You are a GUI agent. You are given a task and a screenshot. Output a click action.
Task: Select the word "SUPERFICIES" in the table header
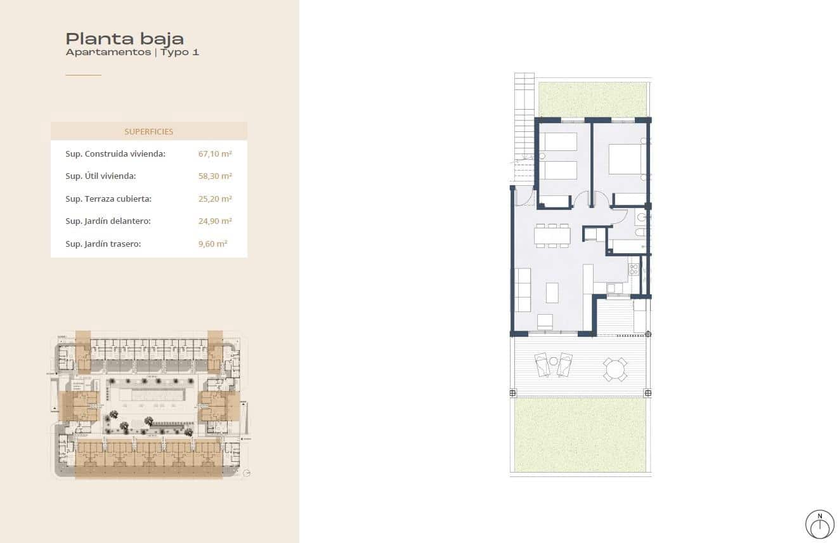click(149, 132)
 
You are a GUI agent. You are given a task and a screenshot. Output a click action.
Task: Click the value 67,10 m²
click(215, 154)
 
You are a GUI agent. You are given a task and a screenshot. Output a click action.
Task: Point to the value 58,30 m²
click(215, 176)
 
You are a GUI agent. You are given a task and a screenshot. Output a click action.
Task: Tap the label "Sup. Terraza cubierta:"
click(108, 199)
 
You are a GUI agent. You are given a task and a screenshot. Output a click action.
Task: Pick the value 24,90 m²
click(215, 221)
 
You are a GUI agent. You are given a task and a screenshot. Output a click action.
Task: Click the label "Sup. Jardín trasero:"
click(103, 244)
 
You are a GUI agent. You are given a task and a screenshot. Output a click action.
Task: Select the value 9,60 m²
click(212, 244)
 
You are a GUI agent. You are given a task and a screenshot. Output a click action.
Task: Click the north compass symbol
click(819, 524)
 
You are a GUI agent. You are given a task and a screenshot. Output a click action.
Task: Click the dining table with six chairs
click(552, 236)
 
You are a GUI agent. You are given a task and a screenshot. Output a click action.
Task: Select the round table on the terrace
click(615, 369)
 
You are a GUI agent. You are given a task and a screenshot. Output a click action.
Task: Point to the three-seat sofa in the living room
click(523, 290)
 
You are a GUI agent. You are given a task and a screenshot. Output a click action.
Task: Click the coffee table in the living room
click(552, 292)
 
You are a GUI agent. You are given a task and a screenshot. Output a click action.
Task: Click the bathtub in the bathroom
click(628, 247)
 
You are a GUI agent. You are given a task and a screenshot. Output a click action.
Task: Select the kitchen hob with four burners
click(634, 271)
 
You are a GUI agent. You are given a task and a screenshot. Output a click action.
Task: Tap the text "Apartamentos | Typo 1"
click(132, 53)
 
